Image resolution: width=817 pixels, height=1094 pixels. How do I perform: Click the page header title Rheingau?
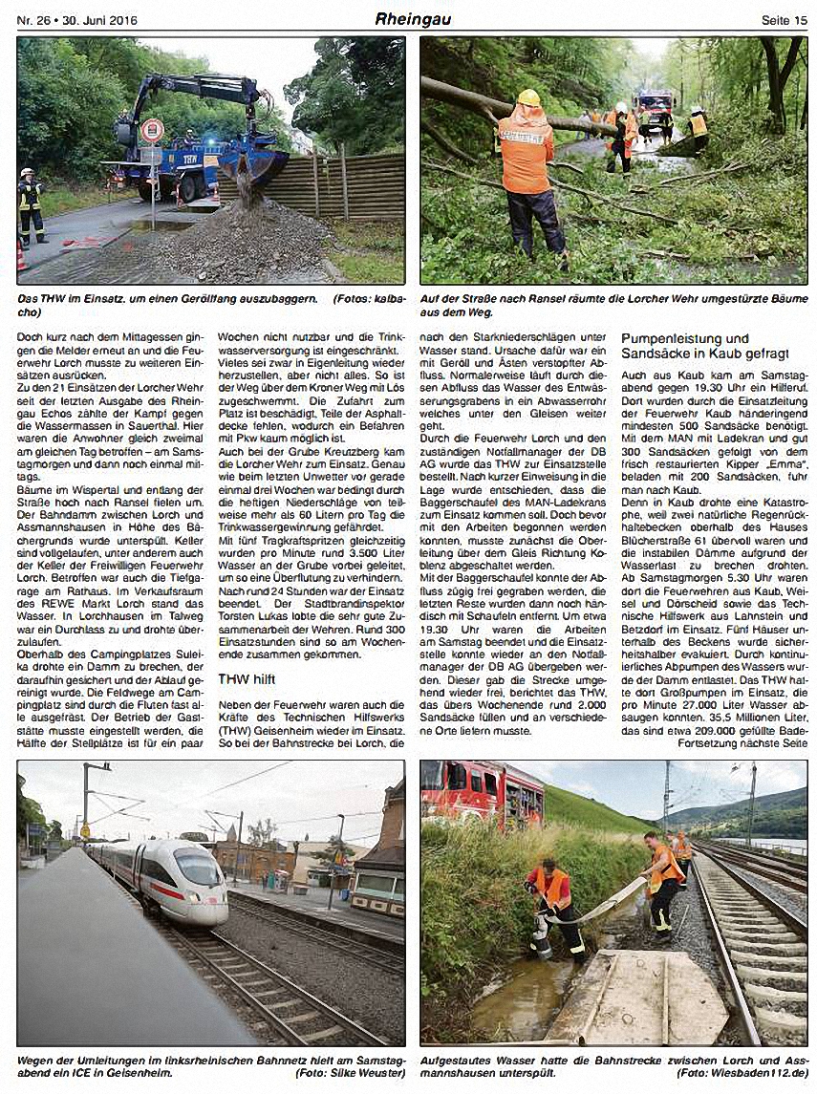413,19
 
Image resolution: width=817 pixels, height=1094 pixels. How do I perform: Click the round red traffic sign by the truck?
152,131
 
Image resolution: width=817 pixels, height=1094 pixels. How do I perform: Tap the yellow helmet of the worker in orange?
527,97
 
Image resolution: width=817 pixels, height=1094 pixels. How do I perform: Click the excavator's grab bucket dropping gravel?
251,166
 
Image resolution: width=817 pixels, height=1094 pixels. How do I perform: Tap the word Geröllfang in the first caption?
247,299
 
